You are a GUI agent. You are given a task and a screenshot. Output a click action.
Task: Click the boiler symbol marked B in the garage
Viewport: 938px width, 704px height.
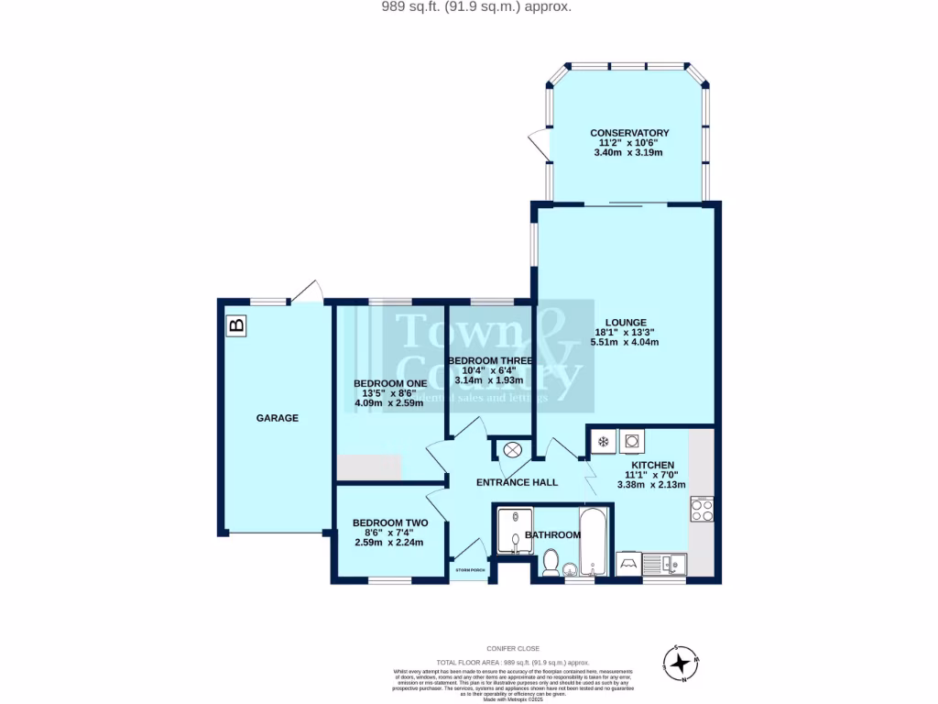(x=236, y=324)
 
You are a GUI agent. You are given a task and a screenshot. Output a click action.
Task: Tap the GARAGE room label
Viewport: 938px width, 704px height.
(x=277, y=418)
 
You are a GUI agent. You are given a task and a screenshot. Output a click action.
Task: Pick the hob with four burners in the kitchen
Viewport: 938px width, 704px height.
(x=703, y=509)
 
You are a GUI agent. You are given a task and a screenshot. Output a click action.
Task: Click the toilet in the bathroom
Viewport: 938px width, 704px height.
(x=551, y=561)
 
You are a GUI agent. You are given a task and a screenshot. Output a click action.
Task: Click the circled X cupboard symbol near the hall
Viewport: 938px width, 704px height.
(x=512, y=449)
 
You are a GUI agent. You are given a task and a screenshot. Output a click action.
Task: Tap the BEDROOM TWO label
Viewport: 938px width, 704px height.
(x=390, y=522)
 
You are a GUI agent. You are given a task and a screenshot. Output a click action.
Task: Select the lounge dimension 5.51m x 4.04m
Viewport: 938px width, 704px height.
(x=625, y=342)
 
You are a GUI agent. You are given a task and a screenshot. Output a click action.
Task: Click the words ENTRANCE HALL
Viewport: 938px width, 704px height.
(x=517, y=482)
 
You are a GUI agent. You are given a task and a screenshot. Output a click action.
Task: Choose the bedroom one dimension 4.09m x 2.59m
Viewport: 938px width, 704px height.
(x=388, y=402)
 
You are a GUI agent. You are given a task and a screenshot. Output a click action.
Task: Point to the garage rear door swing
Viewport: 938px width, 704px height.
(x=309, y=291)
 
